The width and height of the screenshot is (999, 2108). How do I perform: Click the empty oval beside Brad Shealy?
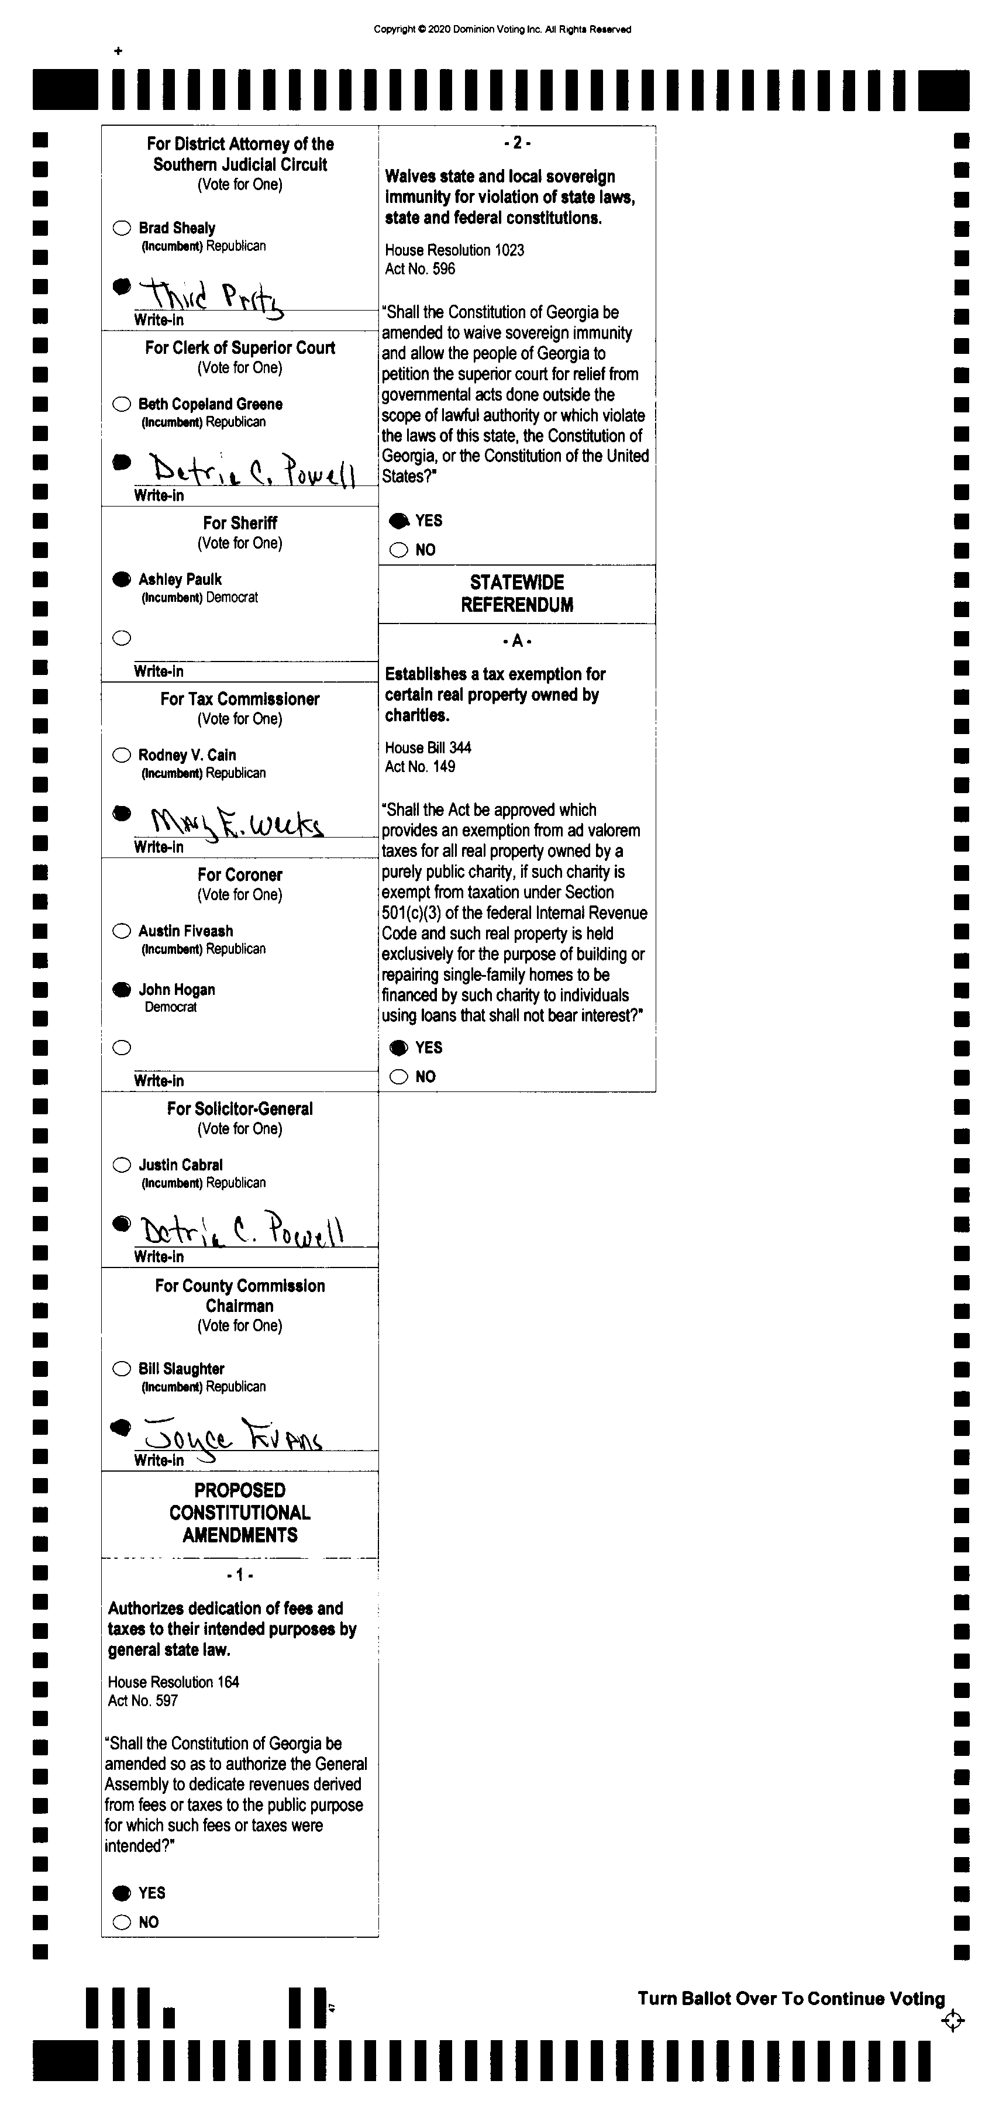click(x=122, y=228)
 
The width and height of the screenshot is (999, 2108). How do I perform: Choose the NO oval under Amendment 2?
click(x=398, y=550)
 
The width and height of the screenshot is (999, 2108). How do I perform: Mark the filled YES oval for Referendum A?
click(x=398, y=1048)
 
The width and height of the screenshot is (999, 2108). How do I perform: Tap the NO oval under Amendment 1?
click(x=122, y=1922)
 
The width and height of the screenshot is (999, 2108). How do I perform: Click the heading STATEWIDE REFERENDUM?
click(x=517, y=593)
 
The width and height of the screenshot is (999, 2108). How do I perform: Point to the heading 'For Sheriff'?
click(x=240, y=523)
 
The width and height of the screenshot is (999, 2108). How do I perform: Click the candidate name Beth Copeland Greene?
click(x=211, y=404)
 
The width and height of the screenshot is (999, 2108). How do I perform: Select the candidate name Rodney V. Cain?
click(x=187, y=755)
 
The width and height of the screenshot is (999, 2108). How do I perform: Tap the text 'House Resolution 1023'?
click(x=454, y=250)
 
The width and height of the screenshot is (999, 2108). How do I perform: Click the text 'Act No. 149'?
click(x=420, y=767)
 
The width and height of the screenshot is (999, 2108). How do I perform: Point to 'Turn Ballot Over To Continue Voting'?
click(x=791, y=1999)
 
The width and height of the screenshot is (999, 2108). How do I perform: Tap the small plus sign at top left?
click(x=119, y=51)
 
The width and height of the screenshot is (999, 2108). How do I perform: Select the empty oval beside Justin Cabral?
click(x=122, y=1165)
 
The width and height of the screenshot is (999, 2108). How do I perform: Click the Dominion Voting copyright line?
click(x=502, y=29)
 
